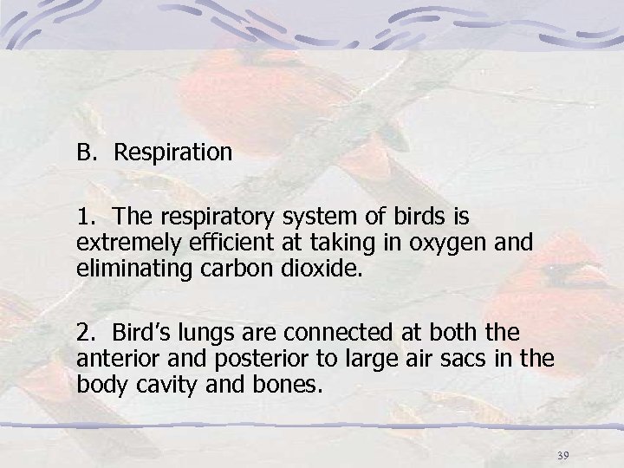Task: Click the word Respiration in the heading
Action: pyautogui.click(x=173, y=153)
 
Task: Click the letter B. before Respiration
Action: pyautogui.click(x=87, y=153)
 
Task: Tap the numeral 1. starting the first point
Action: pyautogui.click(x=85, y=213)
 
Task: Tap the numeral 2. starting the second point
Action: pyautogui.click(x=85, y=330)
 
